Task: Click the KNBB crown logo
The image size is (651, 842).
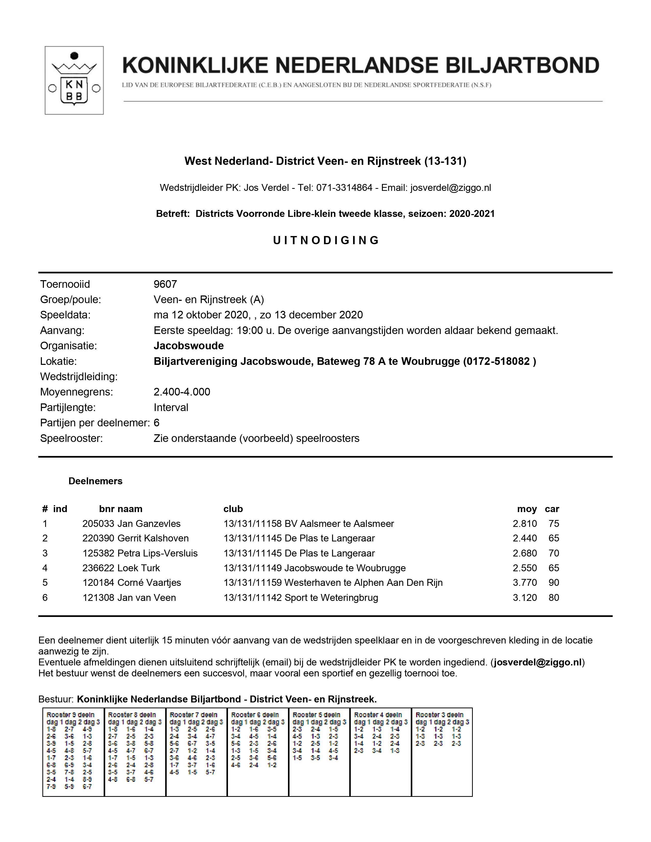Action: point(74,80)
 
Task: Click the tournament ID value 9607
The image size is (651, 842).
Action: point(165,284)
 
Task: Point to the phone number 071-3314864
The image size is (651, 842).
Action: point(344,188)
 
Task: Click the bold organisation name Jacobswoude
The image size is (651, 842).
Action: point(189,345)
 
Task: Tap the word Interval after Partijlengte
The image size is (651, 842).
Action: point(171,407)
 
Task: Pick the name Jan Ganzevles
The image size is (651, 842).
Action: point(149,524)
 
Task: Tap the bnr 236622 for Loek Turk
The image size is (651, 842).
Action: point(98,568)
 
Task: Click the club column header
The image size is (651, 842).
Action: point(233,509)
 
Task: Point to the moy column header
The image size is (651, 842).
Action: point(527,509)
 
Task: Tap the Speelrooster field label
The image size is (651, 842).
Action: point(71,438)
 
